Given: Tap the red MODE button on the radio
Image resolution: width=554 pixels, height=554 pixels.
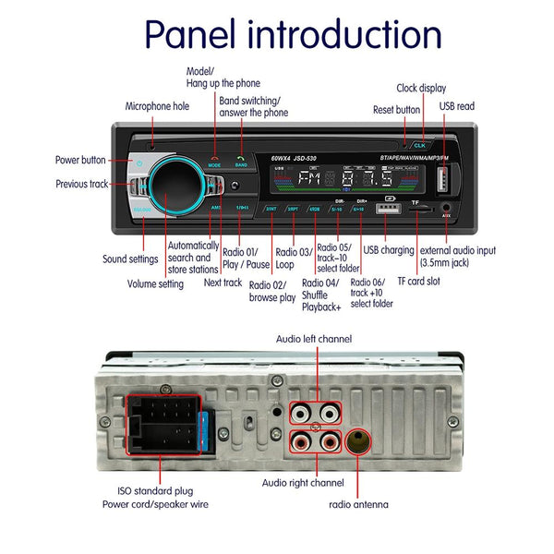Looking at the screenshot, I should click(x=215, y=159).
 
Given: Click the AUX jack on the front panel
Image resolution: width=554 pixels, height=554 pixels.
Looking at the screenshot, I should click(x=446, y=210).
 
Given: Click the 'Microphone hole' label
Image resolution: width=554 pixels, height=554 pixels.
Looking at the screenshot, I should click(x=157, y=106).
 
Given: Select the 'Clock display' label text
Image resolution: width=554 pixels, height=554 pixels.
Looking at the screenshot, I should click(x=421, y=89).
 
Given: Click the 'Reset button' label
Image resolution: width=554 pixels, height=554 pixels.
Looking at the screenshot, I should click(x=396, y=110).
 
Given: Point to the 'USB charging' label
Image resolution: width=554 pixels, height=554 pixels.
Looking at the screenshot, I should click(x=389, y=250).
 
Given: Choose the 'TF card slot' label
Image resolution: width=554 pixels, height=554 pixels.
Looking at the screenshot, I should click(x=421, y=282).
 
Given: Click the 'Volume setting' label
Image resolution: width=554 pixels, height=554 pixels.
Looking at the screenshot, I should click(x=155, y=284).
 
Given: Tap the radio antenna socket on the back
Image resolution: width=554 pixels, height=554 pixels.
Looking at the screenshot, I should click(x=358, y=440).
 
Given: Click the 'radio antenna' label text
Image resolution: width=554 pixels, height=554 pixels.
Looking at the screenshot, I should click(x=358, y=504).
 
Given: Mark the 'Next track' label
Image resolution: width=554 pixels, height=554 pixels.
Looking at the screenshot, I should click(x=223, y=283).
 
